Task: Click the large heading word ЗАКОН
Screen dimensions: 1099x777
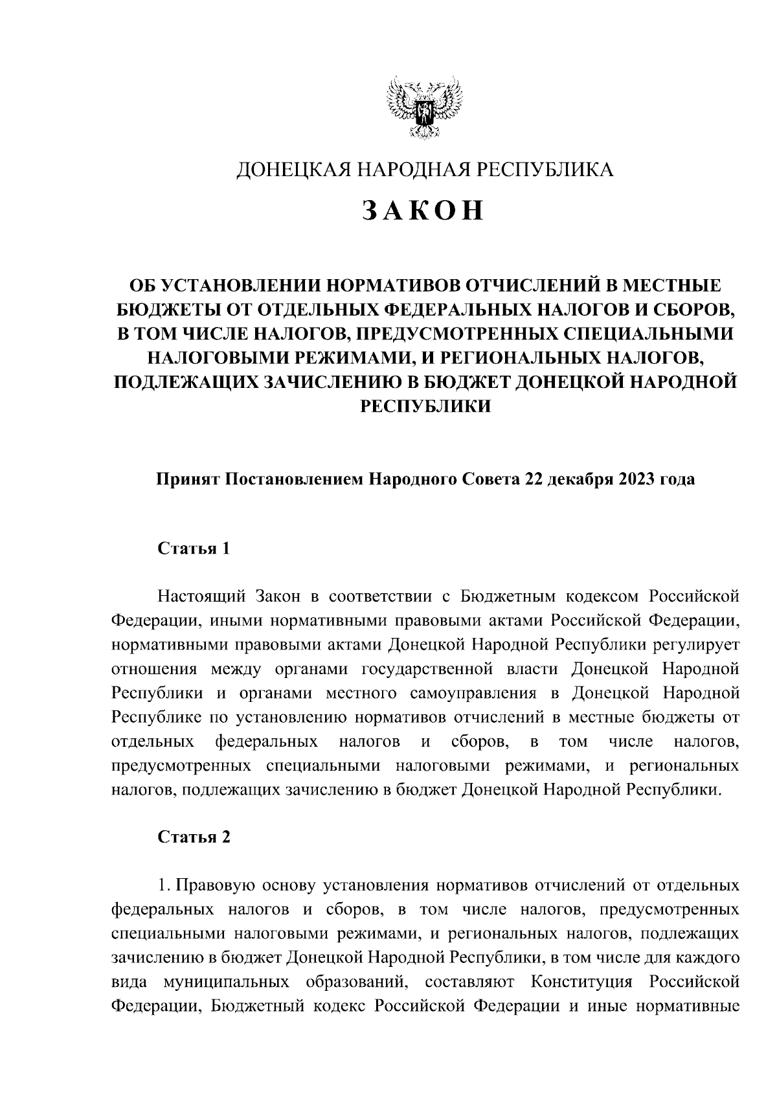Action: tap(423, 210)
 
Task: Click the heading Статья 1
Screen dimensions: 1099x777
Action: tap(194, 549)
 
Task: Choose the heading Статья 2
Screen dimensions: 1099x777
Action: tap(194, 837)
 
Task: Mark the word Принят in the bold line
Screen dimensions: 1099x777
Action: tap(187, 479)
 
